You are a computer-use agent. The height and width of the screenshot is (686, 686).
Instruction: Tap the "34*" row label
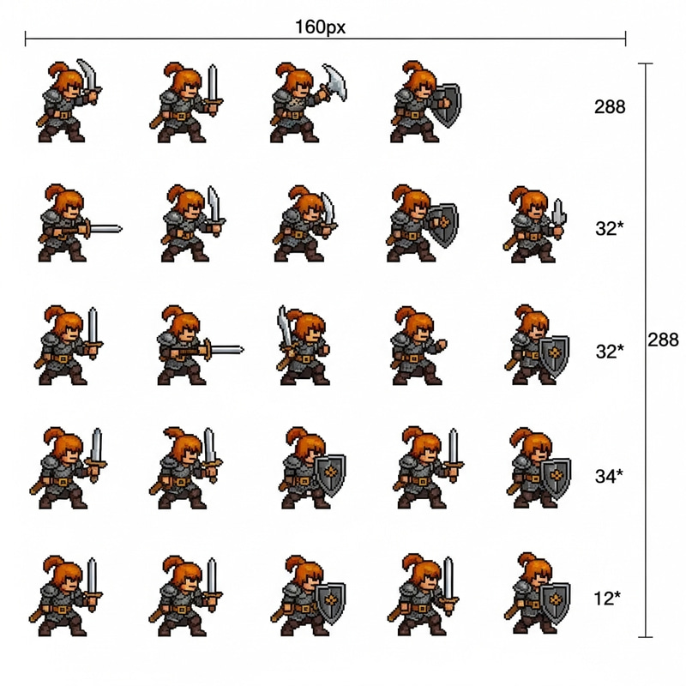pyautogui.click(x=609, y=476)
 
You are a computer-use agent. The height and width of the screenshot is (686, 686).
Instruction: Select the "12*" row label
pyautogui.click(x=607, y=598)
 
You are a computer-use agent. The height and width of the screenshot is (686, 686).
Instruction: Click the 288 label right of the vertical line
pyautogui.click(x=663, y=340)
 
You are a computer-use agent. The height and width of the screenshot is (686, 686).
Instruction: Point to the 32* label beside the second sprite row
pyautogui.click(x=610, y=228)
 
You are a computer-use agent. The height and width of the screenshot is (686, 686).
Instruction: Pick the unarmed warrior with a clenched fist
pyautogui.click(x=417, y=346)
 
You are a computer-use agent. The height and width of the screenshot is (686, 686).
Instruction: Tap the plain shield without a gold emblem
pyautogui.click(x=445, y=105)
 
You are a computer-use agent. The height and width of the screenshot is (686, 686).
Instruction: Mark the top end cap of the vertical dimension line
pyautogui.click(x=646, y=63)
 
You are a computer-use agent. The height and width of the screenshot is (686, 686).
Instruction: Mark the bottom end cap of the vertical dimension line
pyautogui.click(x=646, y=637)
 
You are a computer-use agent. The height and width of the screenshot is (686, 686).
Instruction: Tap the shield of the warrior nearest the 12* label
pyautogui.click(x=555, y=603)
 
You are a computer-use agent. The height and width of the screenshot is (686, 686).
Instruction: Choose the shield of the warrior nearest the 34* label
pyautogui.click(x=556, y=478)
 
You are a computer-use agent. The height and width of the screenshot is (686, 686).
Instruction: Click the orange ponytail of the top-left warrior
pyautogui.click(x=56, y=70)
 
